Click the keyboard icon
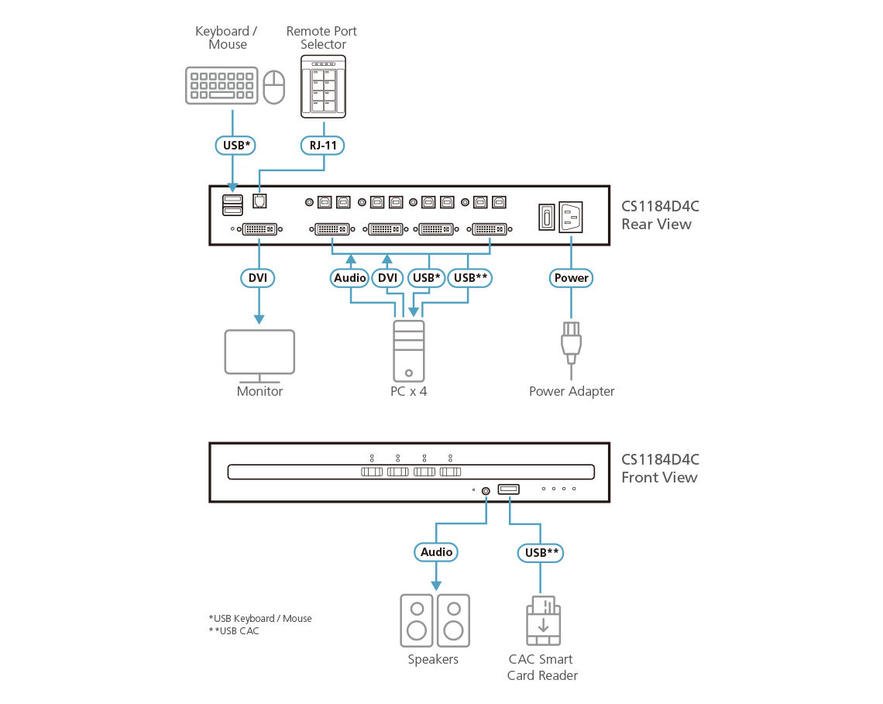tap(222, 85)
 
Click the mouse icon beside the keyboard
tap(274, 88)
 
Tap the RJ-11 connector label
tap(323, 145)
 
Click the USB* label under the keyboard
tap(233, 145)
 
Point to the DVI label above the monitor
tap(258, 278)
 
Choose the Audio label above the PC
tap(349, 278)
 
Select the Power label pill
tap(572, 278)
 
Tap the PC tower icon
tap(409, 351)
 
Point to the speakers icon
tap(435, 620)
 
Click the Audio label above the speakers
tap(436, 552)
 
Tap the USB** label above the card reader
tap(541, 552)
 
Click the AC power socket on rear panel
tap(570, 216)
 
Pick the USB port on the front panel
tap(508, 489)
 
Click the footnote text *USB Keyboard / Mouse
tap(260, 618)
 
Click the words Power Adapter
tap(572, 391)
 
